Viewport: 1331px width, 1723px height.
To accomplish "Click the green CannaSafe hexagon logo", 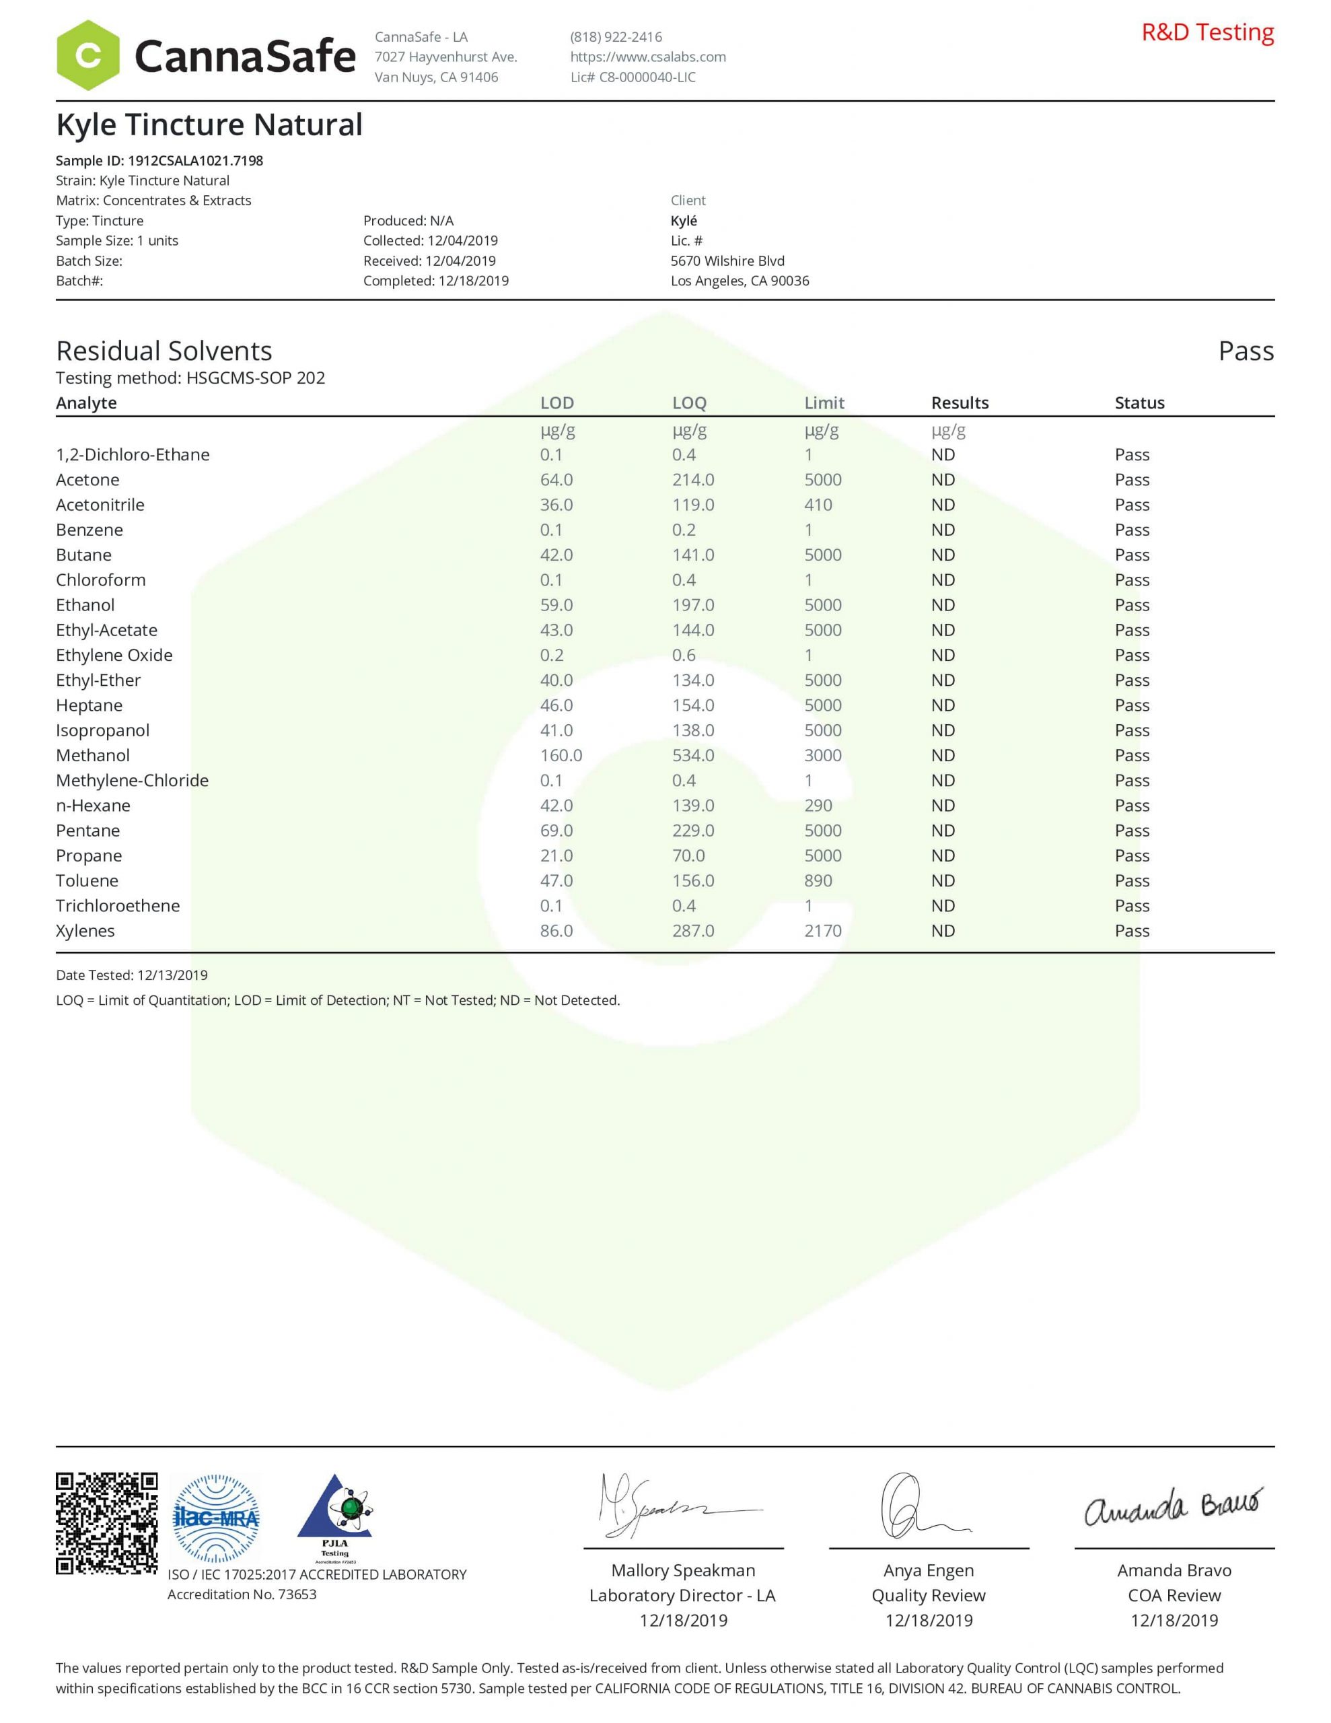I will pyautogui.click(x=87, y=55).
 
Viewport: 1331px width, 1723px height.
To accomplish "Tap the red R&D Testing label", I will pyautogui.click(x=1207, y=32).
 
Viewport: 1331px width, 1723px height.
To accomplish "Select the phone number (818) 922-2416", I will pyautogui.click(x=616, y=37).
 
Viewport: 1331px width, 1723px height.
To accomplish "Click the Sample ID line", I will pyautogui.click(x=159, y=160).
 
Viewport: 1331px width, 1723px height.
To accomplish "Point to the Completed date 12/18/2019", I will pyautogui.click(x=435, y=281).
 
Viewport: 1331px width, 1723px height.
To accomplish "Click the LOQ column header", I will pyautogui.click(x=689, y=402).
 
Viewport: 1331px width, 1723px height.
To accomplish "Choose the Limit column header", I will pyautogui.click(x=824, y=402).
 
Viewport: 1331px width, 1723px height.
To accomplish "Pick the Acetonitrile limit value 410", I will pyautogui.click(x=818, y=505).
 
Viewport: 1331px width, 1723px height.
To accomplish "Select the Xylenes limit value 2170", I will pyautogui.click(x=823, y=931).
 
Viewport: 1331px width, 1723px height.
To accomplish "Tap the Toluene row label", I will pyautogui.click(x=87, y=880).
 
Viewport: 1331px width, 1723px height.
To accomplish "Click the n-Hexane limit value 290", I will pyautogui.click(x=818, y=806).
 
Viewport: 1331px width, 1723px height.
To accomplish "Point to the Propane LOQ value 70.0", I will pyautogui.click(x=688, y=856).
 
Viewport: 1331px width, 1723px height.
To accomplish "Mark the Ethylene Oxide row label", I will pyautogui.click(x=114, y=655).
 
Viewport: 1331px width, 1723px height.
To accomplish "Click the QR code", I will pyautogui.click(x=106, y=1524).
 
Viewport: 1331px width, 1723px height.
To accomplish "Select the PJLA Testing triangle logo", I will pyautogui.click(x=334, y=1518).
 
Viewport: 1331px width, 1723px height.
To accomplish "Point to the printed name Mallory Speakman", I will pyautogui.click(x=682, y=1571).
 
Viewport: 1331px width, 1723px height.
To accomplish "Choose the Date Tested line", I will pyautogui.click(x=132, y=975).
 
